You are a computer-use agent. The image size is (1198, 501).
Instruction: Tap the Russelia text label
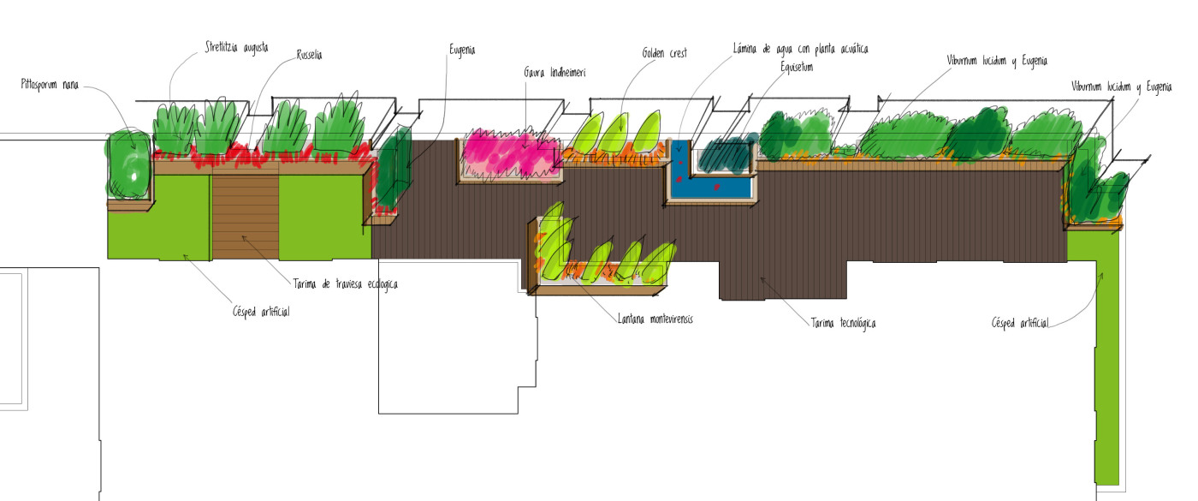[x=309, y=55]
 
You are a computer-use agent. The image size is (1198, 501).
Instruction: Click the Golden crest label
[x=665, y=52]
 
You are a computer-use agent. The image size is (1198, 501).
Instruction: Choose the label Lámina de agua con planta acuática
[x=806, y=48]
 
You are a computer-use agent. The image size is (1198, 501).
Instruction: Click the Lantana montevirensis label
[x=655, y=319]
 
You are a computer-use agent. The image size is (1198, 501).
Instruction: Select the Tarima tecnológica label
[x=843, y=323]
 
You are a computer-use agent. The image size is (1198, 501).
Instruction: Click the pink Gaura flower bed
[x=510, y=154]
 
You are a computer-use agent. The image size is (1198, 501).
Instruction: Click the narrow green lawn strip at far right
[x=1107, y=360]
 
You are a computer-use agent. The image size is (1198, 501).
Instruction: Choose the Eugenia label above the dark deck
[x=462, y=50]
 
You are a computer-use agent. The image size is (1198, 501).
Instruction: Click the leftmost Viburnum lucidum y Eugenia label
[x=997, y=61]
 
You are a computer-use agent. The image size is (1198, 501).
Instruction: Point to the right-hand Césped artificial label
[x=1020, y=323]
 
